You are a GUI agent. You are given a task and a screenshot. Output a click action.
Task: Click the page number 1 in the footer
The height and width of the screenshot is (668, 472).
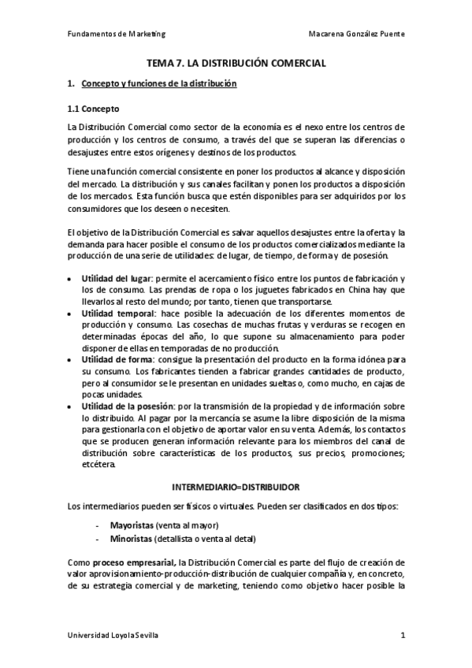403,636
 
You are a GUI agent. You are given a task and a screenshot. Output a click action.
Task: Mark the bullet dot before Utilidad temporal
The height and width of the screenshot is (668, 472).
72,314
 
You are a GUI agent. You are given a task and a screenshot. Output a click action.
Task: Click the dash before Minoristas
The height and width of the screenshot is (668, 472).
96,539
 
